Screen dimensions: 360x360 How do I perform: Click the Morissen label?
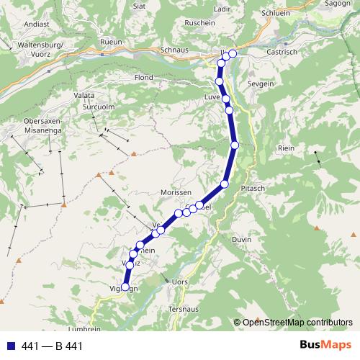(176, 194)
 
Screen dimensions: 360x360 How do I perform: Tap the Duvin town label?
(242, 239)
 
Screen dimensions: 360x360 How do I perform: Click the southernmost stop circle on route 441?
(125, 287)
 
